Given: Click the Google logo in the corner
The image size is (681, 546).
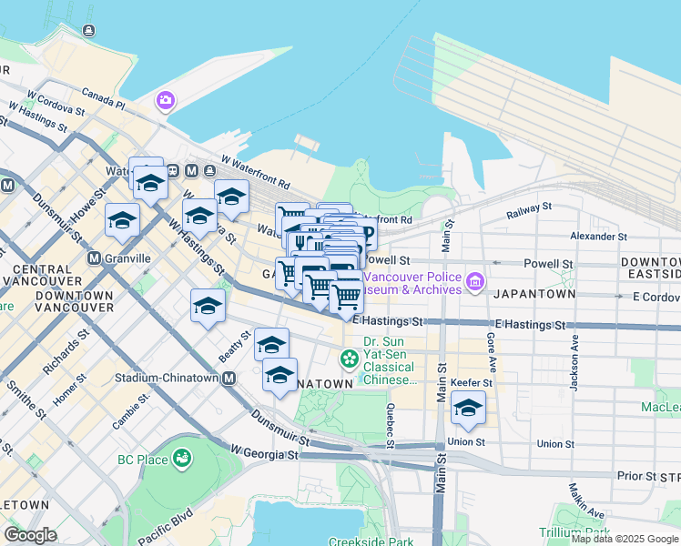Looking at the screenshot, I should click(30, 535).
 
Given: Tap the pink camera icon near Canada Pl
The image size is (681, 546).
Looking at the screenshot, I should click(166, 100).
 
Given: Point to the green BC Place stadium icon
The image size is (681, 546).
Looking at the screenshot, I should click(182, 458).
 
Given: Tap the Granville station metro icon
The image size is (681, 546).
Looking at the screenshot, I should click(95, 258).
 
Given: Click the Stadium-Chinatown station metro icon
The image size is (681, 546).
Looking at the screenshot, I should click(229, 378).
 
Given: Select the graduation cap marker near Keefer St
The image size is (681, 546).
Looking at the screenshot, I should click(468, 410).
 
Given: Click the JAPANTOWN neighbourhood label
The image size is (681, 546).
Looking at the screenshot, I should click(534, 295).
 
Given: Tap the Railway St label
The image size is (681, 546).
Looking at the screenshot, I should click(529, 210).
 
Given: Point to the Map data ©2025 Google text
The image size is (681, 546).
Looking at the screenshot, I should click(624, 539).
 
